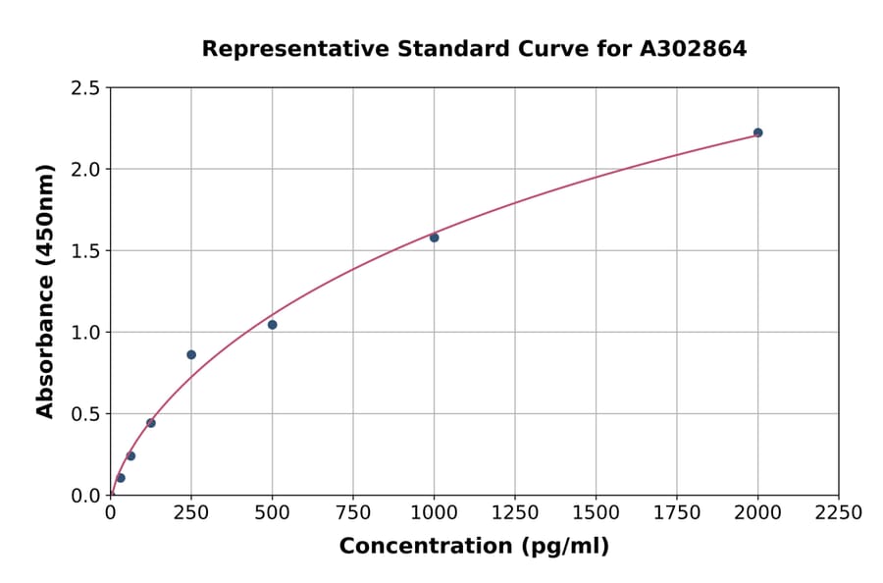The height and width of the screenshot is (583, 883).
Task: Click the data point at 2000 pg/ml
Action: pos(757,132)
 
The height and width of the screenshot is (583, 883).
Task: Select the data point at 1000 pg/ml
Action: pos(434,238)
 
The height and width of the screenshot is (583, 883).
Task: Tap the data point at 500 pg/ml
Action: pos(272,325)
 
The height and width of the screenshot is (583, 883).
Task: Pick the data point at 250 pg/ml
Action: pos(191,354)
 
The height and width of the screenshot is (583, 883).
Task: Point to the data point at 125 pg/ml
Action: pos(151,423)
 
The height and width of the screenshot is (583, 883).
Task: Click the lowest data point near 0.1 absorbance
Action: pos(121,478)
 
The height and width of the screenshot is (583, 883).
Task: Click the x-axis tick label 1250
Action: pos(515,512)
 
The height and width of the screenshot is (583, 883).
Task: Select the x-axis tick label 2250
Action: pos(838,512)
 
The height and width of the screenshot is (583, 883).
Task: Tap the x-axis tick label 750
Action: pos(353,512)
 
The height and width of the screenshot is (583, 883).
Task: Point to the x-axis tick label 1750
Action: pos(676,512)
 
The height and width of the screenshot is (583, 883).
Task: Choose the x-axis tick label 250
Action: pos(191,512)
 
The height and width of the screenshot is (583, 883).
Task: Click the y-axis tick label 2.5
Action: pos(85,88)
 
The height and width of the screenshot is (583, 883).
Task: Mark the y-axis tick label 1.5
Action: pos(85,251)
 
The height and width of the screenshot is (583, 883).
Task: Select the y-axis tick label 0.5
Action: pos(85,414)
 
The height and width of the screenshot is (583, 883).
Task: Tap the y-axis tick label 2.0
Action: pos(85,170)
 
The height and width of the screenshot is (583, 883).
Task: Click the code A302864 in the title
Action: pos(694,48)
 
